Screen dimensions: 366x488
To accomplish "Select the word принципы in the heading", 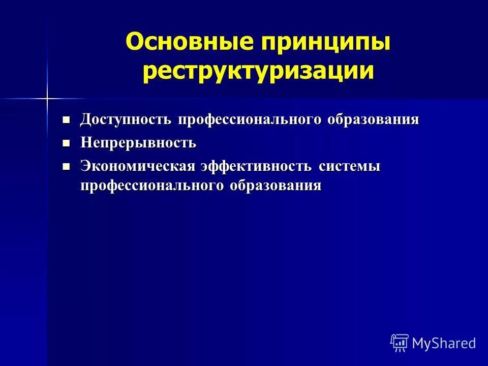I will click(325, 43).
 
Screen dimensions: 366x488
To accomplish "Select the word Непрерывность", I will click(138, 143).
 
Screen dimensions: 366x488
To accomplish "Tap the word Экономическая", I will click(137, 166).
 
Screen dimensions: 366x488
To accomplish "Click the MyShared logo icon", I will click(400, 343).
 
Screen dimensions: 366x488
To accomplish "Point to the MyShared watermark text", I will click(444, 343).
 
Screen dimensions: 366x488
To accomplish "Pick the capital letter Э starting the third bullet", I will click(85, 166).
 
